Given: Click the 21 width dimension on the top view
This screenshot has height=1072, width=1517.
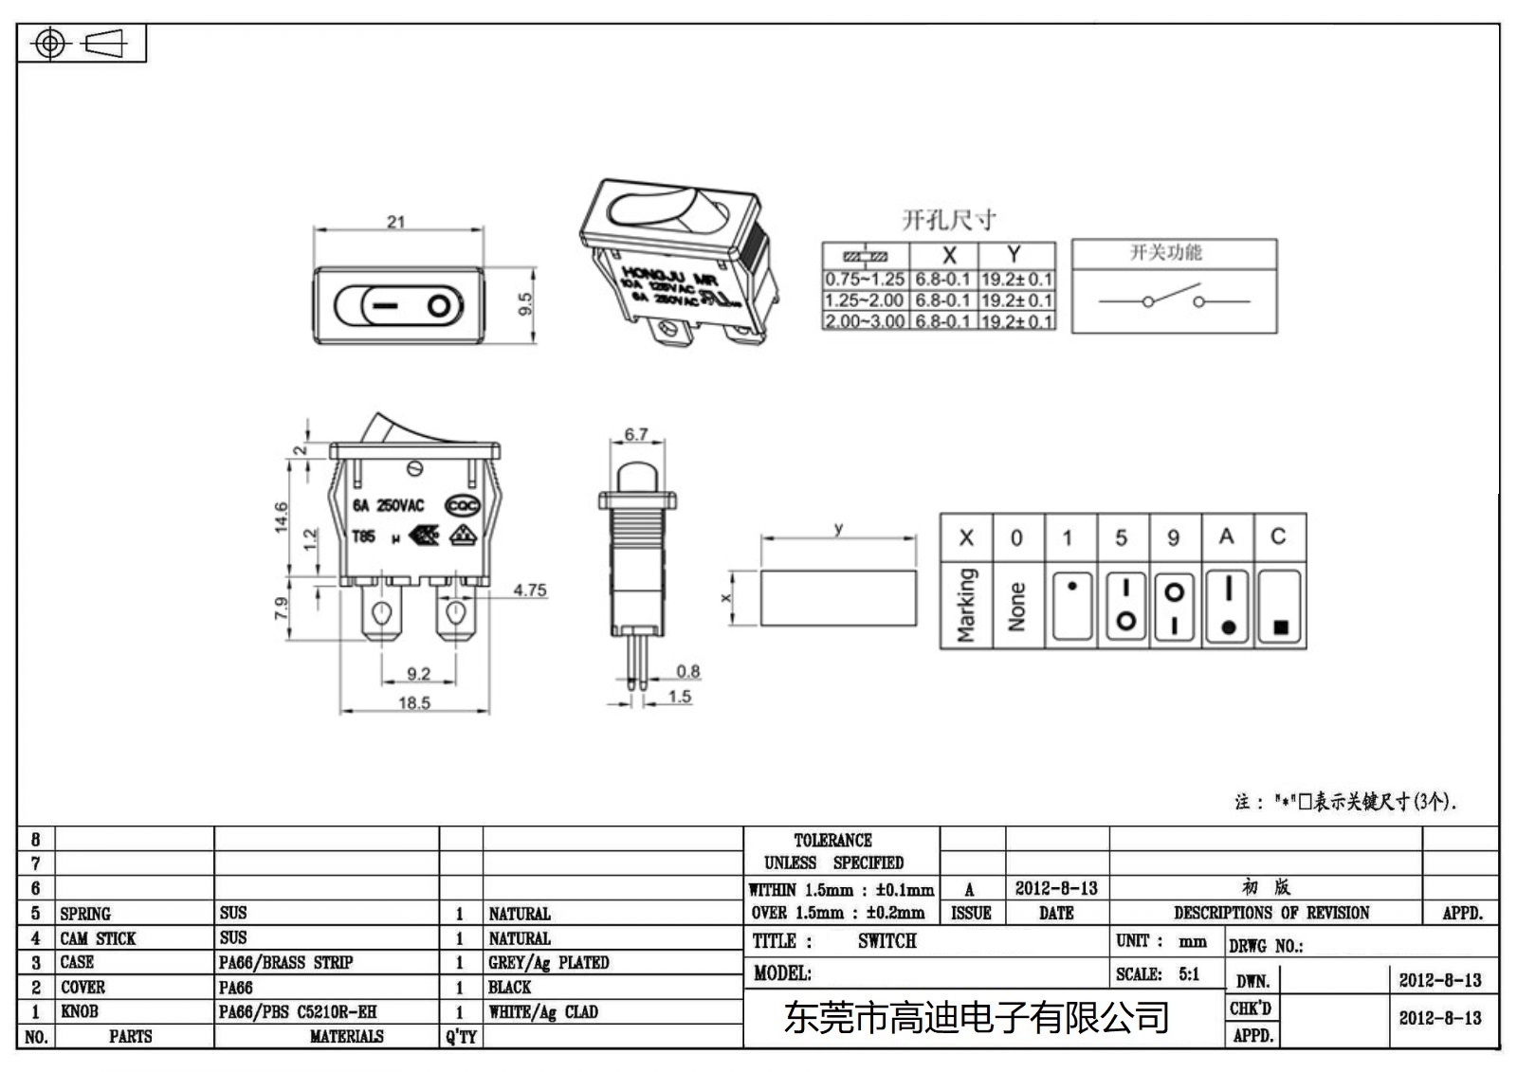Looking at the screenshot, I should pos(395,222).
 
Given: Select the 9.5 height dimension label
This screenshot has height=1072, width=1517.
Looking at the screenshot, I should pos(525,304).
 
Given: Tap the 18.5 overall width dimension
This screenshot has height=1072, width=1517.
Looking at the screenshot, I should pos(414,703).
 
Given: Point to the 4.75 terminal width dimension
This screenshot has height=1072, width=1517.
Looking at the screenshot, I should pos(530,591).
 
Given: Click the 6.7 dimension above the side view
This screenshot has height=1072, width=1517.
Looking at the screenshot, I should pos(635,435).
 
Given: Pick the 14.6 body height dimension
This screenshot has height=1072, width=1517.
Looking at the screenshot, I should pos(281,518).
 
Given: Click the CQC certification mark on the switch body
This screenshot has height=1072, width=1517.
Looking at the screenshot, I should pos(463,506).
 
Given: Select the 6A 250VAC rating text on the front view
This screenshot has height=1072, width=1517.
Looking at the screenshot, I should pos(389,506).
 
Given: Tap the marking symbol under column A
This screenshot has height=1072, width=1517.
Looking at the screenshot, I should pos(1228,607).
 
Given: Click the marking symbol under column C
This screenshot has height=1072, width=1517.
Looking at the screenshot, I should pos(1280,607).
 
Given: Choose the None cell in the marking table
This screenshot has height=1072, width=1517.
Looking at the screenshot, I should pos(1017,607).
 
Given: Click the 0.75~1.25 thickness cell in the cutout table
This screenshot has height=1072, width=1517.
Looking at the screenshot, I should pos(865,280).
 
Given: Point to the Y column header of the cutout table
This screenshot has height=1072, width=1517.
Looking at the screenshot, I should pos(1014,255).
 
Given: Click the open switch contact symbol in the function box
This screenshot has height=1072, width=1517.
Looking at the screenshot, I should pos(1174,298).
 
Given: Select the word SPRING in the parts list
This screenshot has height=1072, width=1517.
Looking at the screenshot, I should pos(85,914).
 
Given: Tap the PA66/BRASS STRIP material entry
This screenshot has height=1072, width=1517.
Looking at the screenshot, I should pos(285,963).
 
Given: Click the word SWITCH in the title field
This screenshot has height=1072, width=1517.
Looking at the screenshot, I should pos(886,941).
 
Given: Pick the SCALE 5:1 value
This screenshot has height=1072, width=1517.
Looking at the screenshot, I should pos(1189,974).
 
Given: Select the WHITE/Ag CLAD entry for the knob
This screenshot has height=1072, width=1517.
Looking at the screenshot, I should pos(543,1012).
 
